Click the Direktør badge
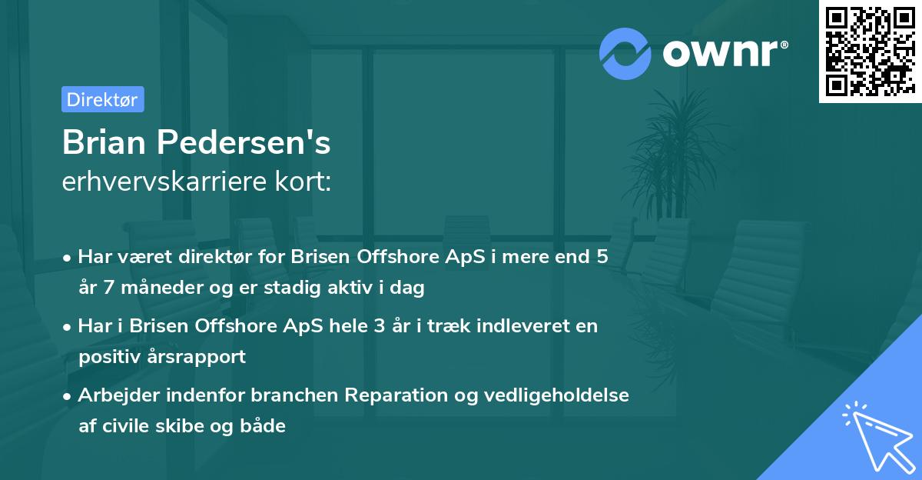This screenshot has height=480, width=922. [x=102, y=99]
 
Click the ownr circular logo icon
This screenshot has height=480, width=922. [x=625, y=52]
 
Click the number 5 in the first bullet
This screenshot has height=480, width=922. [x=602, y=257]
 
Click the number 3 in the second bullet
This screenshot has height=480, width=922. [x=379, y=325]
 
